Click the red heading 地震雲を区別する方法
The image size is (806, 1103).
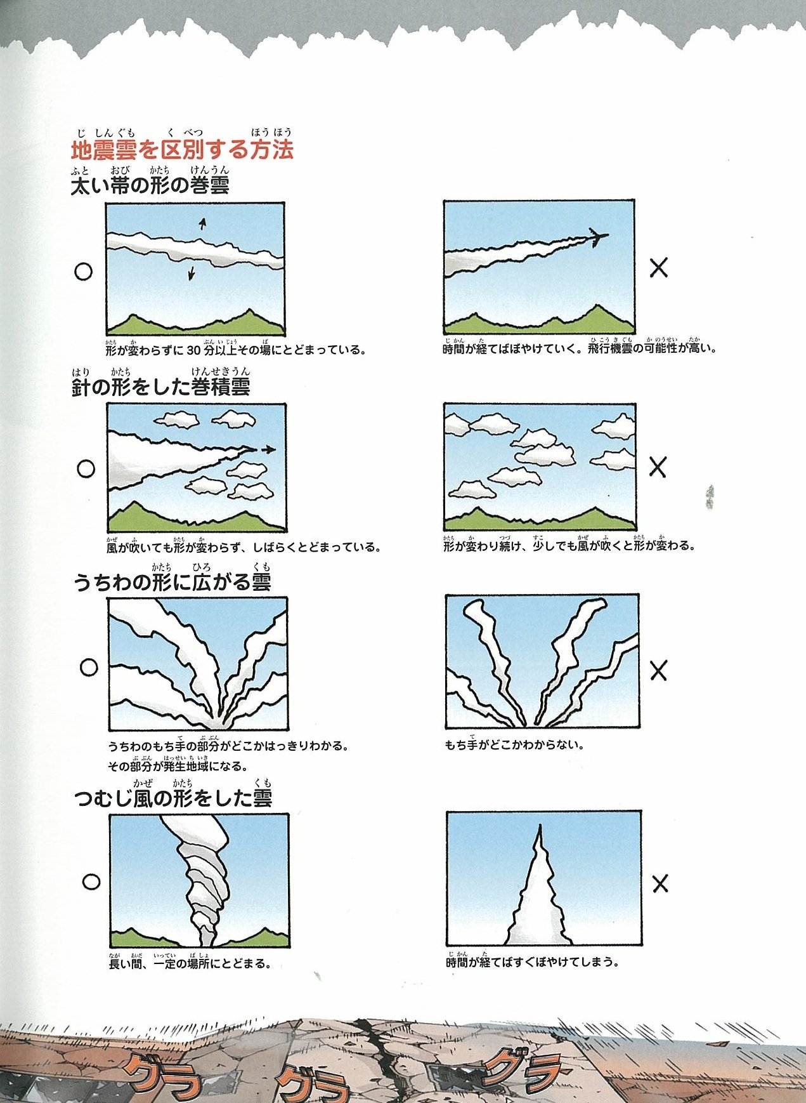pos(182,150)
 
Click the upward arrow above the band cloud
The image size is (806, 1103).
pos(202,223)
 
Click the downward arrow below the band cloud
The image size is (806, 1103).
pos(190,273)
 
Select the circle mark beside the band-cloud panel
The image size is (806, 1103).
pos(83,272)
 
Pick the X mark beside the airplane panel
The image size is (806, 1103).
pos(659,268)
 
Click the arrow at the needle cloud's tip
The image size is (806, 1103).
pos(268,449)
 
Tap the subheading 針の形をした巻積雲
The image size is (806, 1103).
pos(160,387)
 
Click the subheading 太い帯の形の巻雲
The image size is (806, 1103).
pos(150,185)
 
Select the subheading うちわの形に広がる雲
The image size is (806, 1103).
pos(172,582)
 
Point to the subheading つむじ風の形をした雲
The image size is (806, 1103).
pos(173,798)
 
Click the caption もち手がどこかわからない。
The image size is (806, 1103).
pos(514,744)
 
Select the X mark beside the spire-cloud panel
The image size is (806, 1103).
pos(660,883)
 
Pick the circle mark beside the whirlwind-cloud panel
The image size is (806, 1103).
pos(91,882)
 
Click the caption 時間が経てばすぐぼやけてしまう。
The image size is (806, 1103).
pos(532,961)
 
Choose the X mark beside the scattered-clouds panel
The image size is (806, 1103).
pos(658,467)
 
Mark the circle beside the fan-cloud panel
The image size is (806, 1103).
pos(89,667)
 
